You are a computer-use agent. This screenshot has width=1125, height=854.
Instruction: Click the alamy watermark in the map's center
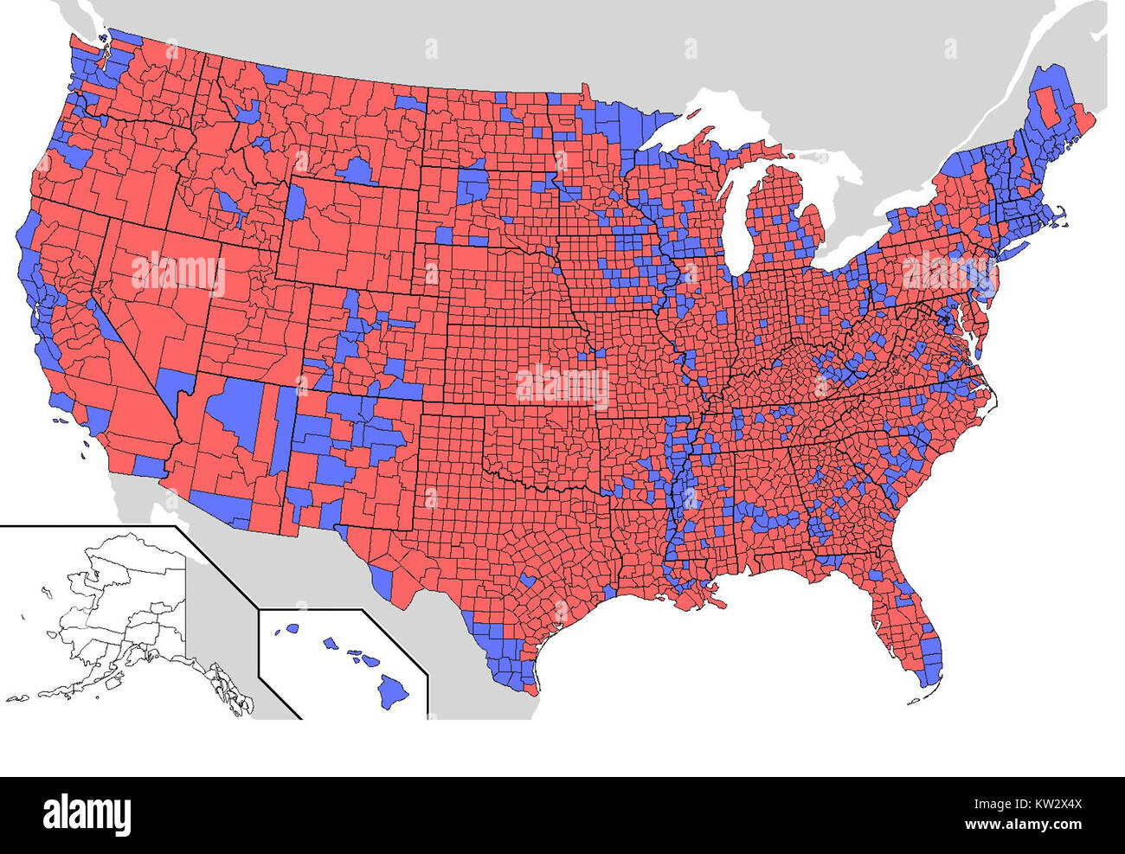pyautogui.click(x=562, y=385)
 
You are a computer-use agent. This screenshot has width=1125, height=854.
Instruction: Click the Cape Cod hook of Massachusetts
pyautogui.click(x=1066, y=220)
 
